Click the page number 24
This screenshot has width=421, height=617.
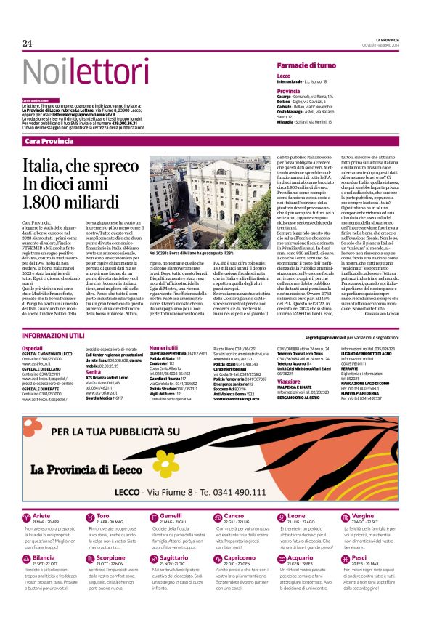point(28,44)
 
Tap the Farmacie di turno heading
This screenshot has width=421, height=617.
point(306,66)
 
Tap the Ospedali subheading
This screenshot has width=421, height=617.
point(32,350)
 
